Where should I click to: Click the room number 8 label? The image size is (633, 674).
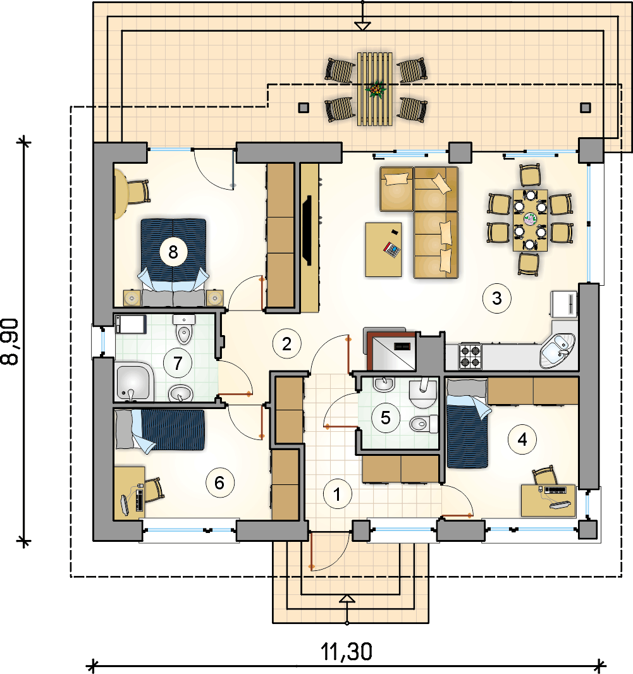[173, 252]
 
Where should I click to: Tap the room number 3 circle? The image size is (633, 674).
[496, 298]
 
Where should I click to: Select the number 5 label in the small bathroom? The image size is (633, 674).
[385, 417]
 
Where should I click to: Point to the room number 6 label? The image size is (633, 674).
[219, 482]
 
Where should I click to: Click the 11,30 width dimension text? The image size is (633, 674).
[347, 652]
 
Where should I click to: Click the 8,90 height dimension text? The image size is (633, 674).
[11, 341]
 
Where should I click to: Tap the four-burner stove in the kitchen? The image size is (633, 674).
[470, 356]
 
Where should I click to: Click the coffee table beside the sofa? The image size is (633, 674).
[384, 249]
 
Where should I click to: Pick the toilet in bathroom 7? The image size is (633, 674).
[184, 329]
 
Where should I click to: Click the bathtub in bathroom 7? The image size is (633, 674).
[133, 382]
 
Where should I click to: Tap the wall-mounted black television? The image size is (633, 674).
[307, 230]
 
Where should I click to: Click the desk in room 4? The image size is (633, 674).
[548, 500]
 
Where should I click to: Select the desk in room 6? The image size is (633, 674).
[129, 493]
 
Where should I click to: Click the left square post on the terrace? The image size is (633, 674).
[303, 107]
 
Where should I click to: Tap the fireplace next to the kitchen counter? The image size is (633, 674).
[390, 349]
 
